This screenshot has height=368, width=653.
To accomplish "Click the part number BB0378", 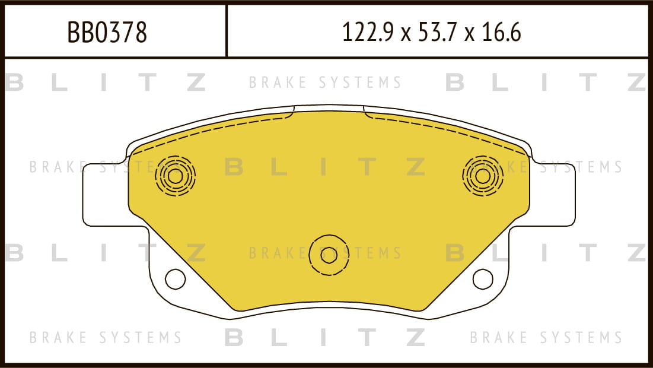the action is [107, 33].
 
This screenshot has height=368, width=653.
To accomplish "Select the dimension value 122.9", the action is [368, 33].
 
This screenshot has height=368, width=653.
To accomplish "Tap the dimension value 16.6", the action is [501, 33].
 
